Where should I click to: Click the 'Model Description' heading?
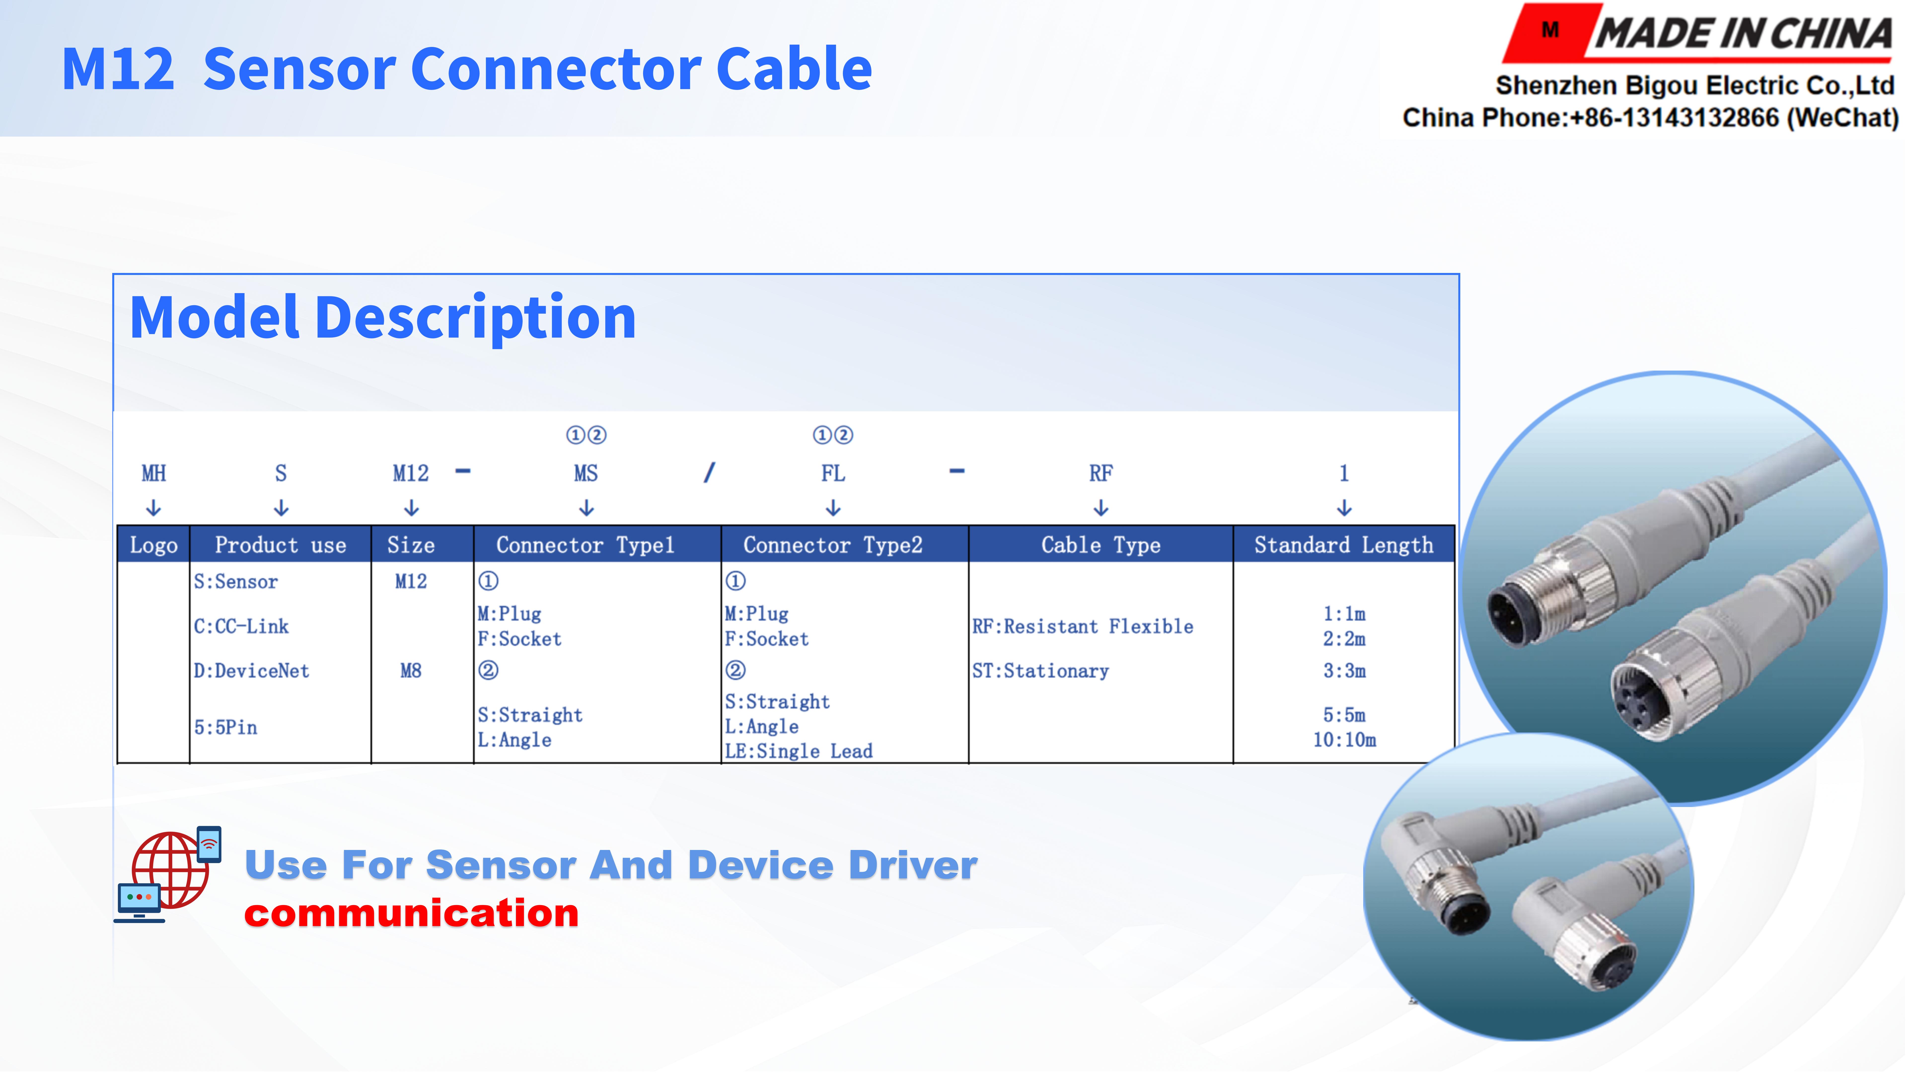[x=383, y=318]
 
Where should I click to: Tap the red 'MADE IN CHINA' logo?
[x=1699, y=33]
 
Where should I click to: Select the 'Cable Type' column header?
[x=1101, y=545]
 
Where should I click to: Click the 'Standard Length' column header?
[x=1344, y=545]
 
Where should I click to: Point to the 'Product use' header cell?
[x=281, y=545]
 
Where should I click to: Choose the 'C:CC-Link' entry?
[x=241, y=626]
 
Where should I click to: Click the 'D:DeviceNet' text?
[x=252, y=671]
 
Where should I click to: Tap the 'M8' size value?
[x=411, y=671]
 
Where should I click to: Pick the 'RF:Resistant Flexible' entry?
[x=1082, y=626]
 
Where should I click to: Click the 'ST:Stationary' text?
[x=1040, y=671]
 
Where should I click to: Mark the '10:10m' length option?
[x=1344, y=740]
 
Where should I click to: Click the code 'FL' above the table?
[x=833, y=473]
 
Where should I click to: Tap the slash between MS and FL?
[x=709, y=472]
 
